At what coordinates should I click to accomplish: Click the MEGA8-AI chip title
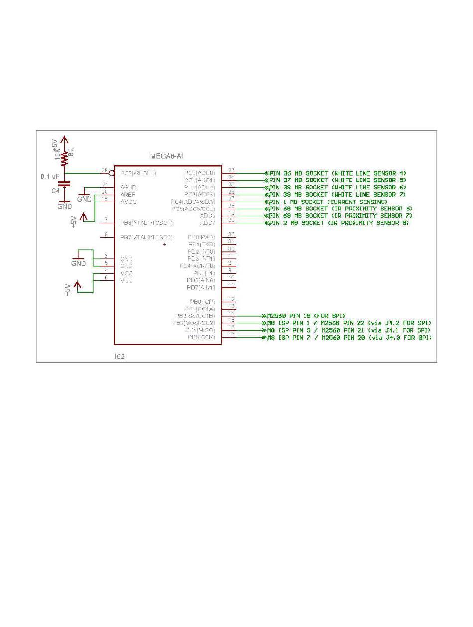[166, 156]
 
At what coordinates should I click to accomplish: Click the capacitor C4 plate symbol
[64, 184]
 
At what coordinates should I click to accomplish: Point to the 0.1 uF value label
[50, 177]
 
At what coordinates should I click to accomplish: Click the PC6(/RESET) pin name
[138, 173]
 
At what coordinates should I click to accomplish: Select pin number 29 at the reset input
[105, 171]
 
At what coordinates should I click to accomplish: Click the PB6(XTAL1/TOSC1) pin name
[146, 223]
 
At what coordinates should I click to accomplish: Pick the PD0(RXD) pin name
[201, 237]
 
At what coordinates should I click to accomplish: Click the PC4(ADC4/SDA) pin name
[193, 202]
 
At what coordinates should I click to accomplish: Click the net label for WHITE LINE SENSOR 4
[338, 173]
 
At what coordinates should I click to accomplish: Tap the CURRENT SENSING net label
[328, 202]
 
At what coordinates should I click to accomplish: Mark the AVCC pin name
[128, 202]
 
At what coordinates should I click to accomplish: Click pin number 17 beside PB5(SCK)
[231, 335]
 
